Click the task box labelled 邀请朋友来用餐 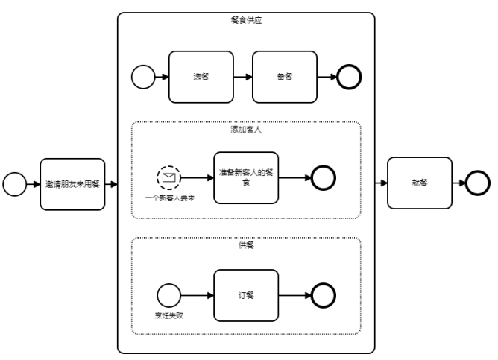click(x=72, y=183)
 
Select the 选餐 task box click(x=201, y=77)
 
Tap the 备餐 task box click(x=284, y=77)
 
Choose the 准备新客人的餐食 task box click(x=246, y=177)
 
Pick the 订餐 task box click(x=246, y=295)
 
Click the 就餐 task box click(x=419, y=183)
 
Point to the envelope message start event click(x=169, y=178)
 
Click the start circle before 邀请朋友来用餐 click(x=14, y=183)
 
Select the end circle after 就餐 click(x=478, y=183)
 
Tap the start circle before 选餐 click(x=142, y=77)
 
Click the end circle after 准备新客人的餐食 click(x=324, y=178)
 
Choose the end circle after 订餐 click(x=324, y=295)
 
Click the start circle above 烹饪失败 click(x=169, y=295)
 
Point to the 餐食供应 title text click(x=246, y=20)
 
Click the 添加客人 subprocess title click(x=246, y=130)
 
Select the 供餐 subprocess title click(x=246, y=245)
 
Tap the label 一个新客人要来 click(x=169, y=199)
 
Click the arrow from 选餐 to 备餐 click(x=242, y=77)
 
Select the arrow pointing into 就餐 click(x=380, y=183)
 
